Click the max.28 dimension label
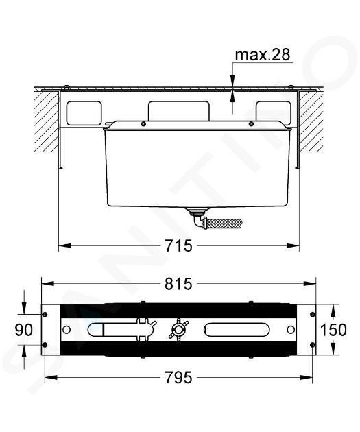coord(262,55)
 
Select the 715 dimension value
coord(178,245)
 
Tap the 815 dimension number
coord(178,284)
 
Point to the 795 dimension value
coord(178,377)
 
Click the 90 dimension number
coord(24,330)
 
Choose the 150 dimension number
coord(333,330)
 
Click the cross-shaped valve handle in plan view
coord(178,330)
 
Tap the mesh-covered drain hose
coord(223,222)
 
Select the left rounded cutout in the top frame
coord(84,113)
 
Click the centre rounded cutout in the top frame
coord(179,111)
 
